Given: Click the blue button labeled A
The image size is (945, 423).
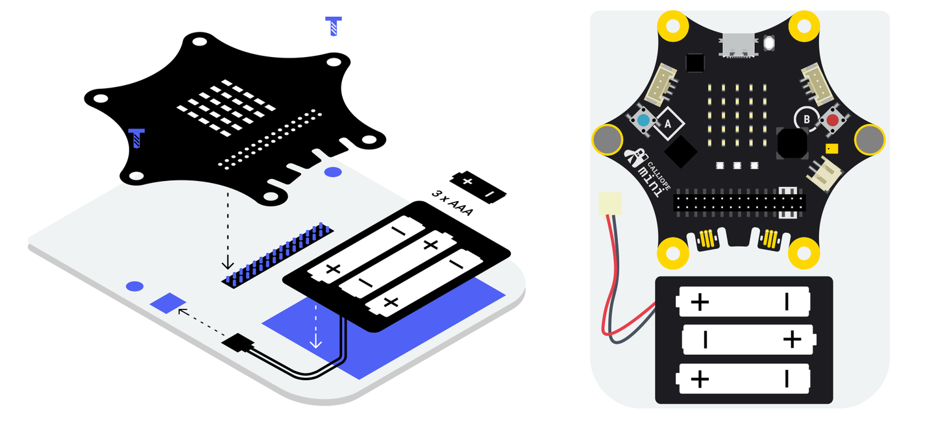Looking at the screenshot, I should [644, 121].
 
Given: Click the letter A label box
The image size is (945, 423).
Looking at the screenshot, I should [668, 123].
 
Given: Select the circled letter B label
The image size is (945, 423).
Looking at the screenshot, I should [807, 119].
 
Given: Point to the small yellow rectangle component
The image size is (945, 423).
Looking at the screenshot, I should [831, 149].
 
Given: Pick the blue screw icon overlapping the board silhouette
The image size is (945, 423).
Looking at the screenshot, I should [136, 138].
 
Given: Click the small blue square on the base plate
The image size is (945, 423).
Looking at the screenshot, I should [168, 303].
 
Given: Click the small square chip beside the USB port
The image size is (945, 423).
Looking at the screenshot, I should [695, 63].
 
